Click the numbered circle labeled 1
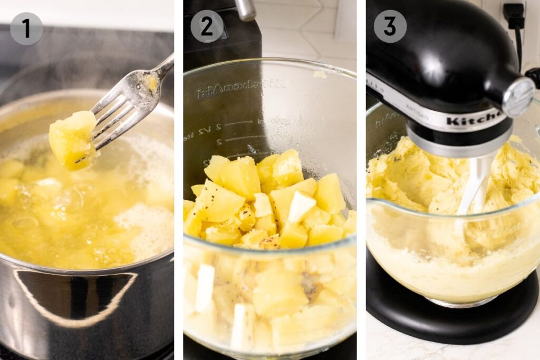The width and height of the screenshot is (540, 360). click(26, 28)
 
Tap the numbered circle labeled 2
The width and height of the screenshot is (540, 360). click(207, 26)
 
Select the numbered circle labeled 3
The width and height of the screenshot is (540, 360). click(390, 26)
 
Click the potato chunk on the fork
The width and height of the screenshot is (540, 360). click(72, 139)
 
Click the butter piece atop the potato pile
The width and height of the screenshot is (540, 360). click(301, 206)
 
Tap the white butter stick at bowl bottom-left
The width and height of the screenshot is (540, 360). click(204, 288)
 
